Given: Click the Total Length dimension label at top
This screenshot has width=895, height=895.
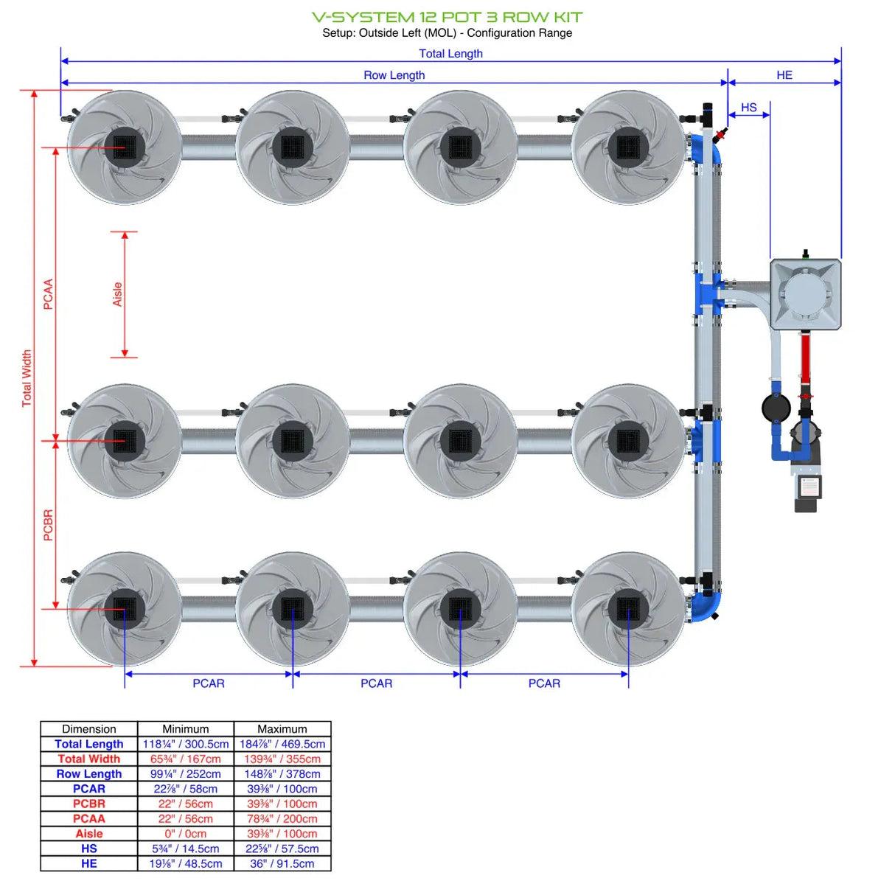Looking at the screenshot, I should pyautogui.click(x=450, y=54).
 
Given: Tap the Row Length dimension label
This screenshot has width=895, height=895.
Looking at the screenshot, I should pyautogui.click(x=394, y=75).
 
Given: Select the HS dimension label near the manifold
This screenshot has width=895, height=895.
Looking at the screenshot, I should pyautogui.click(x=748, y=108).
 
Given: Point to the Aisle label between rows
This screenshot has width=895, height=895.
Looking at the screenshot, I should pyautogui.click(x=117, y=294).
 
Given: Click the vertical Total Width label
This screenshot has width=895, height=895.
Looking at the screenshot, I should pyautogui.click(x=27, y=378).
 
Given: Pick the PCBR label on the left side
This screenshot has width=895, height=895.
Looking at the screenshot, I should pyautogui.click(x=48, y=525).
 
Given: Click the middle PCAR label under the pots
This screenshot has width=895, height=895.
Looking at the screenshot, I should pyautogui.click(x=376, y=683).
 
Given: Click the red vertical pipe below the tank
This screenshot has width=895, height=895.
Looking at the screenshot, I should pyautogui.click(x=805, y=358).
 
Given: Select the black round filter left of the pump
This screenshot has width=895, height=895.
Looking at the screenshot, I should pyautogui.click(x=776, y=407).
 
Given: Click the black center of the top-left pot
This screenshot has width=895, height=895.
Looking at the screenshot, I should pyautogui.click(x=125, y=147).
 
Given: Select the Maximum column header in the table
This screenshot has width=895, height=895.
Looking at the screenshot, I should pyautogui.click(x=282, y=728).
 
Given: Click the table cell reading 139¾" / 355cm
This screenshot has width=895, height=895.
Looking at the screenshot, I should pyautogui.click(x=282, y=759).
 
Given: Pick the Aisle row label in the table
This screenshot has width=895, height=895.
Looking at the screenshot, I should pyautogui.click(x=88, y=834).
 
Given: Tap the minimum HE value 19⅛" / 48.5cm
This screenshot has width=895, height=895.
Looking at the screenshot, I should pyautogui.click(x=186, y=863).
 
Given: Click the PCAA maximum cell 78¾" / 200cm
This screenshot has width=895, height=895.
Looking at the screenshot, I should pyautogui.click(x=282, y=818).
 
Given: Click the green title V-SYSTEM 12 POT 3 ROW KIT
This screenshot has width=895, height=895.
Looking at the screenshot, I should pyautogui.click(x=447, y=17).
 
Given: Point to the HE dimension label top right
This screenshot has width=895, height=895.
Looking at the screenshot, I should pyautogui.click(x=784, y=75).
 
